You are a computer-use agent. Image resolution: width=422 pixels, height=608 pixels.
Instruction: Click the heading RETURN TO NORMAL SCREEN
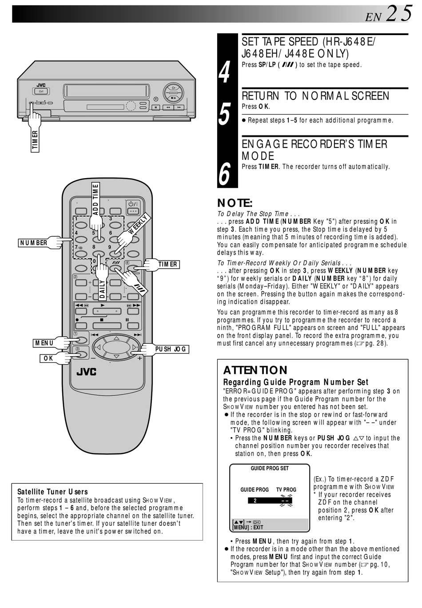point(315,96)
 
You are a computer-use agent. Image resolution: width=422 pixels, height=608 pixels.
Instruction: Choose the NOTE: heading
point(235,203)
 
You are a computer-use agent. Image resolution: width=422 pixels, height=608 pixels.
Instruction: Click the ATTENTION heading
point(255,370)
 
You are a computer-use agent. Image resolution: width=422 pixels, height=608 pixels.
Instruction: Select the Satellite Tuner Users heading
point(52,492)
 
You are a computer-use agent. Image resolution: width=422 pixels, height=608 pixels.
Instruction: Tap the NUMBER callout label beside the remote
point(33,242)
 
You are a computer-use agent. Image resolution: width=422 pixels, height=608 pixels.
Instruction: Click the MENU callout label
point(44,343)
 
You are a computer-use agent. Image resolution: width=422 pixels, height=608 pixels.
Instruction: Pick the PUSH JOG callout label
point(171,349)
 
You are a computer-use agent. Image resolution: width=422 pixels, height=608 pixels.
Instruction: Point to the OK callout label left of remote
point(48,358)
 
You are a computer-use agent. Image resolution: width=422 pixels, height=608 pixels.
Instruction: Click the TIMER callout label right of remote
point(167,264)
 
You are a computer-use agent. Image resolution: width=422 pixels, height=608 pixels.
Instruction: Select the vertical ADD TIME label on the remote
point(96,199)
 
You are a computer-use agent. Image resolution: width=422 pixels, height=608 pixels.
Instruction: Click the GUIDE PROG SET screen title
point(270,468)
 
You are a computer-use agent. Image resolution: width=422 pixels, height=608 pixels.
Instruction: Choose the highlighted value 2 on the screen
point(255,501)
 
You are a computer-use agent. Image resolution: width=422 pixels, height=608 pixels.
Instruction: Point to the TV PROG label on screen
point(286,489)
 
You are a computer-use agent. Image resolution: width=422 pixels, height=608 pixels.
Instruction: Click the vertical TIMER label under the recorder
point(35,140)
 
